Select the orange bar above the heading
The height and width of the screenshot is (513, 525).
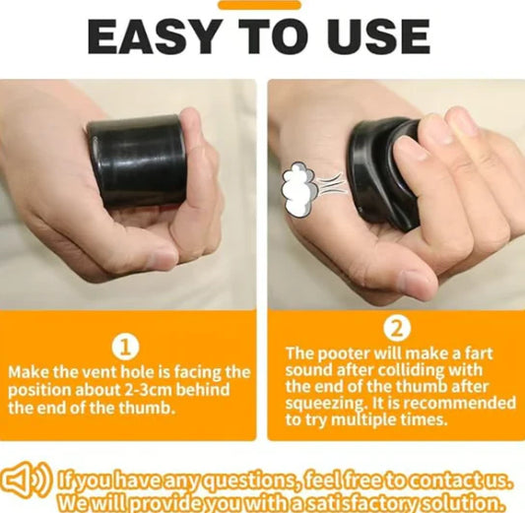click(x=259, y=5)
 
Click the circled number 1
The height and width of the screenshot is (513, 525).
click(x=129, y=347)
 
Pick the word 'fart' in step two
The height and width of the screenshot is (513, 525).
click(x=491, y=352)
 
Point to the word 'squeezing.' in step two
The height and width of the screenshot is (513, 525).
click(x=328, y=403)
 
